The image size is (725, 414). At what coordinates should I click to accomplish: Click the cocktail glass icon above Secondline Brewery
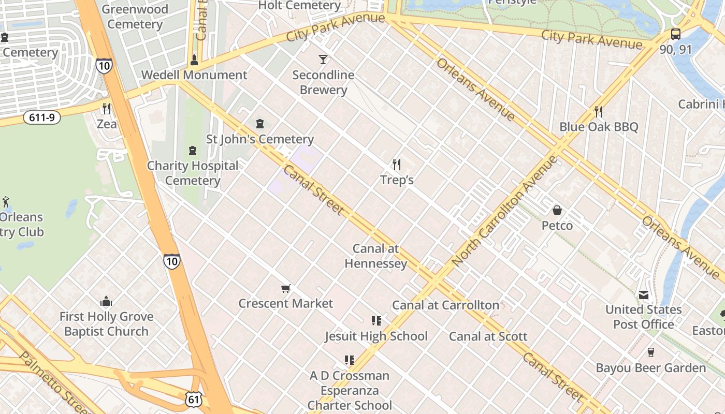pos(323,60)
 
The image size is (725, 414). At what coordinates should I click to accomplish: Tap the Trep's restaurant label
pos(397,180)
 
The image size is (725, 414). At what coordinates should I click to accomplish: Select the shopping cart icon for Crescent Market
pos(285,288)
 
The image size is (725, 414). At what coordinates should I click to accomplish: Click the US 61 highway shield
pos(193,398)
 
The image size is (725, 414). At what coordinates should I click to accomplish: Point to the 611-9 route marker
pos(42,117)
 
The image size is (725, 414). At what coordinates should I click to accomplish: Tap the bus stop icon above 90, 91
pos(675,34)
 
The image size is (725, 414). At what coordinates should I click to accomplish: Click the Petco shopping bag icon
pos(557,210)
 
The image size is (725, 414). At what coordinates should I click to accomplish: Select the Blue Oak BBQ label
pos(599,127)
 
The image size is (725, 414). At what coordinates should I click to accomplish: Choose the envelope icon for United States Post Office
pos(644,295)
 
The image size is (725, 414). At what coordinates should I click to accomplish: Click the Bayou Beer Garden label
pos(650,368)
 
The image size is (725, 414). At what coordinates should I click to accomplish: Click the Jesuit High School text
pos(376,336)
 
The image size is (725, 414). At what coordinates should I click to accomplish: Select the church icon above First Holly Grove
pos(106,301)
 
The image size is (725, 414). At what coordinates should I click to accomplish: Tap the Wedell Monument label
pos(194,75)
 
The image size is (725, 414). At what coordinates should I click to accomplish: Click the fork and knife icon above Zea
pos(107,109)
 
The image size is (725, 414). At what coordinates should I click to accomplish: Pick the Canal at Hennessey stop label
pos(375,256)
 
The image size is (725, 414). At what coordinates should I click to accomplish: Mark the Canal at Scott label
pos(488,336)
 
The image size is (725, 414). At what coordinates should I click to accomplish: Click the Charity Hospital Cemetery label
pos(193,173)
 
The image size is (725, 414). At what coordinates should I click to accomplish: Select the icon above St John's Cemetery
pos(260,124)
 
